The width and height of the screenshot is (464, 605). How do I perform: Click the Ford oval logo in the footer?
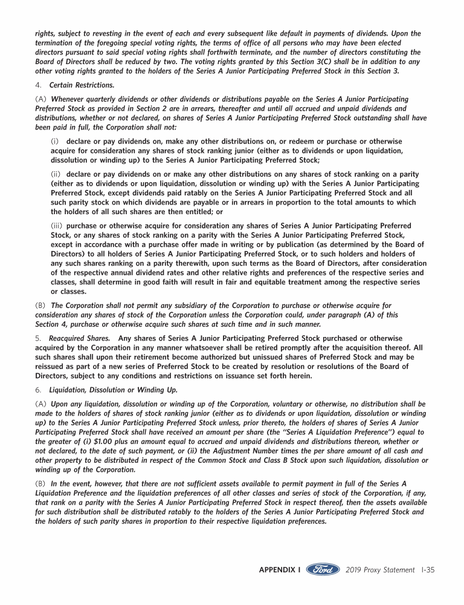tap(323, 570)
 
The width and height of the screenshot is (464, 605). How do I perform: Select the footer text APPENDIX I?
tap(280, 570)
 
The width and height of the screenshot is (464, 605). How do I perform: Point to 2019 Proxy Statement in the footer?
tap(381, 570)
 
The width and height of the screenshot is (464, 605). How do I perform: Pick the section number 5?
tap(37, 338)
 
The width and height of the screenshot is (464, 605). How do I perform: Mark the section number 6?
tap(37, 390)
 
